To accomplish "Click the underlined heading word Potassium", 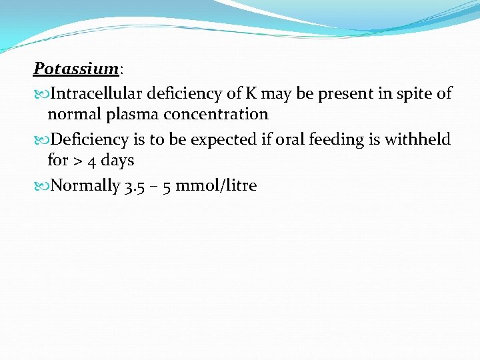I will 77,69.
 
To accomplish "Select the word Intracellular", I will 97,94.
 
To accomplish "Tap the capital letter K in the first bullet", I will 253,94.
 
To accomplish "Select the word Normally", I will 85,185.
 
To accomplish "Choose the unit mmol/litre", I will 216,185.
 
